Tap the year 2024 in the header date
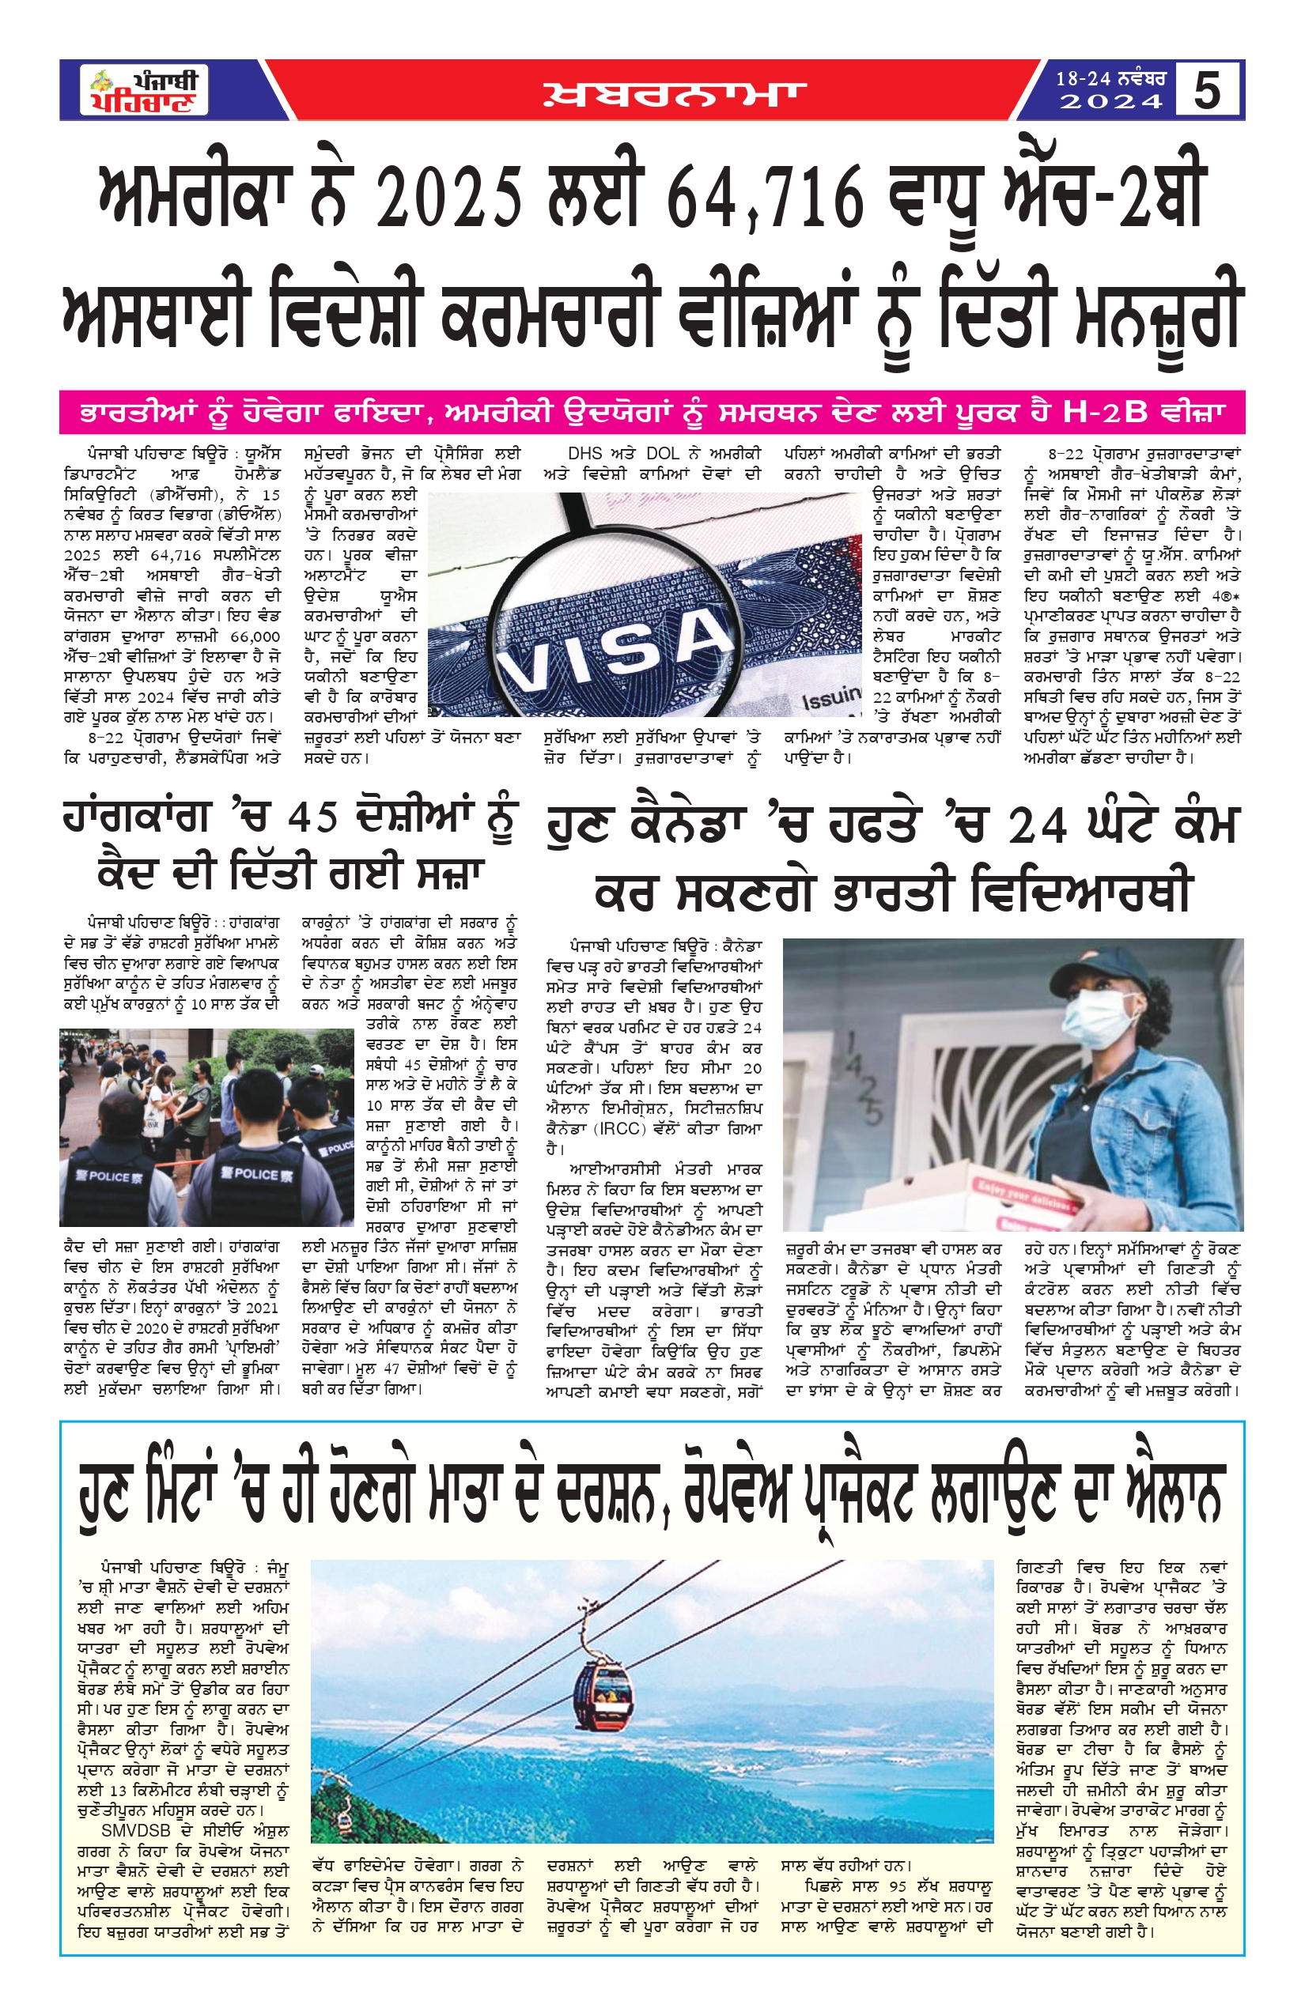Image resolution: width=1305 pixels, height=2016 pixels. (1111, 103)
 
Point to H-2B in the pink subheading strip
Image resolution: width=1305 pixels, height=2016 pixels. (1105, 413)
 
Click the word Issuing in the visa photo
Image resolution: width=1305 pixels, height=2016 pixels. (830, 698)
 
